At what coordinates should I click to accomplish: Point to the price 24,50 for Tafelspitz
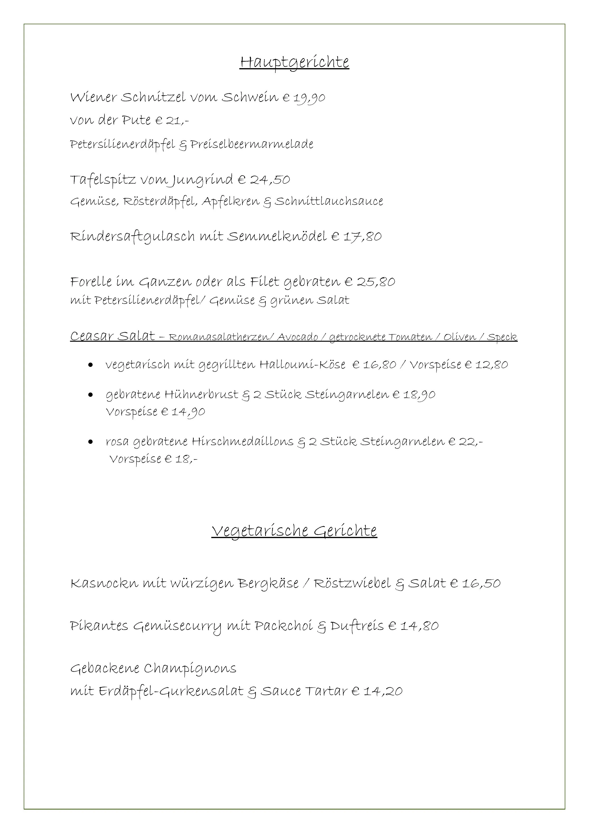270,180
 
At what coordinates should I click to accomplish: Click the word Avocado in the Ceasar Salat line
297,337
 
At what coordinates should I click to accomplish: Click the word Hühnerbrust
201,395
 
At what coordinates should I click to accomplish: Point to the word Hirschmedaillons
242,442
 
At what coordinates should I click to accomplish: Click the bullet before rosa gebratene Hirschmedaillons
91,442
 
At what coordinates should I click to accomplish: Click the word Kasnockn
104,583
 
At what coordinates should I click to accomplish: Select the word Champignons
190,669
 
